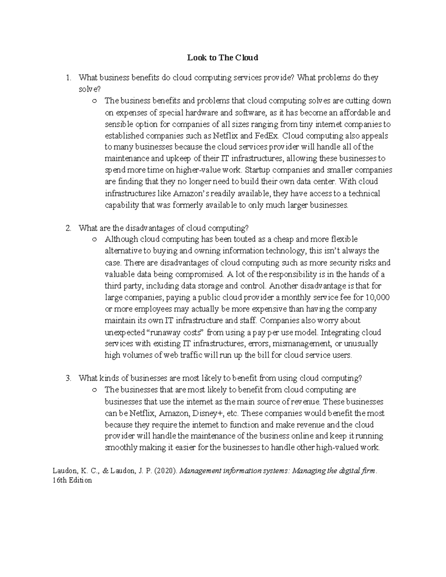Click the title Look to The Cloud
click(x=223, y=58)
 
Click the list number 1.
click(x=68, y=78)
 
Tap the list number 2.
click(x=68, y=228)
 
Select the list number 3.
click(x=68, y=378)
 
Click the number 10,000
click(x=378, y=297)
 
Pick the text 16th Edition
click(x=72, y=480)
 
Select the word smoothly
click(x=121, y=448)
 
